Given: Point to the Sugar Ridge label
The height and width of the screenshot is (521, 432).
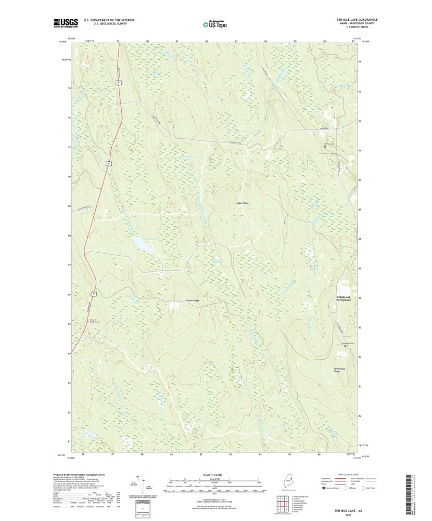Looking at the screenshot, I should click(243, 203).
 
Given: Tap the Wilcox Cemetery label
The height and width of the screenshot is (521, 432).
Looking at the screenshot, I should click(328, 144).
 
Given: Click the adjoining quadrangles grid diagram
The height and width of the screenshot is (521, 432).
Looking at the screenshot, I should click(284, 503).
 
